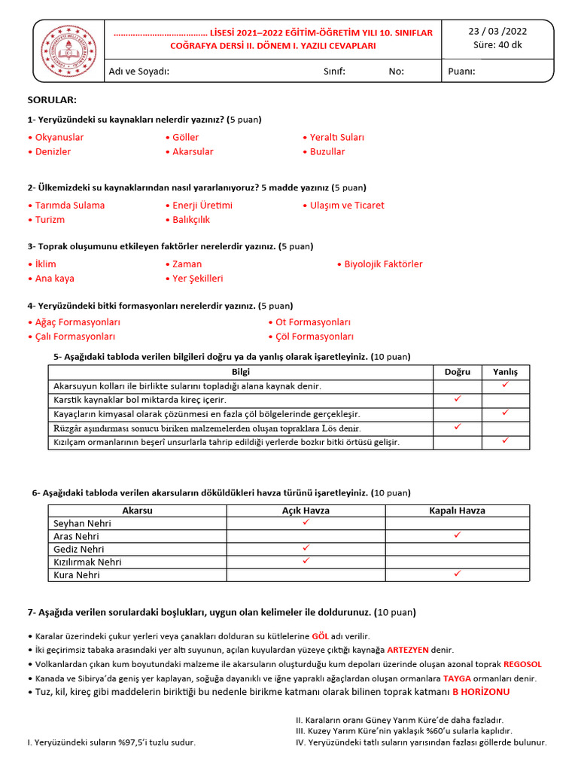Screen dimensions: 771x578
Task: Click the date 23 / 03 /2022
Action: click(497, 31)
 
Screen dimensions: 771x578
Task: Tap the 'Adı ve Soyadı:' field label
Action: click(139, 72)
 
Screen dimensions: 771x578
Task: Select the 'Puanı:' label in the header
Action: click(461, 72)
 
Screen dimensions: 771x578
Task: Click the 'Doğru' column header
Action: click(458, 372)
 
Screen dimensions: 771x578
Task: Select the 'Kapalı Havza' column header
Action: click(457, 510)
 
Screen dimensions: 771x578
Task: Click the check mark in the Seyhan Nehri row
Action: click(306, 523)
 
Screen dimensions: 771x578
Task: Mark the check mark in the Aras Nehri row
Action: click(457, 535)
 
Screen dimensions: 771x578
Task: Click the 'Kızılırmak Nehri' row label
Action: click(87, 562)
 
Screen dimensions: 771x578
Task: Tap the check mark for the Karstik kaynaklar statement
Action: click(458, 399)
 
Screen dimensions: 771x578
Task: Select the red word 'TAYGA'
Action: click(458, 678)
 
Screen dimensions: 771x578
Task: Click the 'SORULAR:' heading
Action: click(52, 100)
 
